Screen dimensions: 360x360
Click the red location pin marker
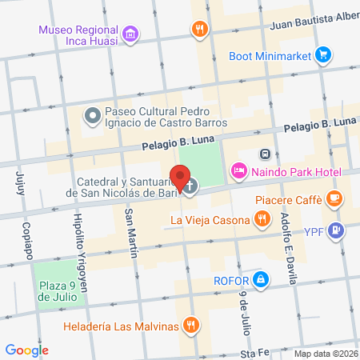180,177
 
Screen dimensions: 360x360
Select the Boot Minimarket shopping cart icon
322,55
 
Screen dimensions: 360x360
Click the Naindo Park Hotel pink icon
238,171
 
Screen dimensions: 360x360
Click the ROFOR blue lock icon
260,280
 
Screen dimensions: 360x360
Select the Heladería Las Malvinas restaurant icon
190,325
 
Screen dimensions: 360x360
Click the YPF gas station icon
336,231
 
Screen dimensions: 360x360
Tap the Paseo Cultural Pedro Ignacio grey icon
92,117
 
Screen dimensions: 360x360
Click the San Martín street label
130,233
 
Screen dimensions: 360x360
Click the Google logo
27,350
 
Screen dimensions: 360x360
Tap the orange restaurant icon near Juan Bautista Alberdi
198,30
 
